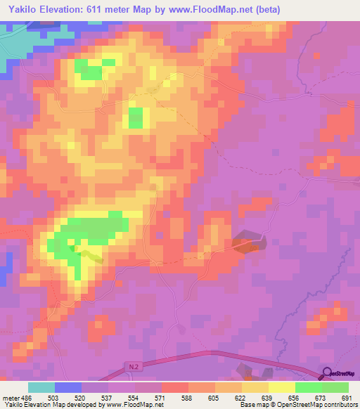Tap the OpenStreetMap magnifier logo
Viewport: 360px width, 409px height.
(x=326, y=373)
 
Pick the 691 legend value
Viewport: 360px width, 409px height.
(x=346, y=398)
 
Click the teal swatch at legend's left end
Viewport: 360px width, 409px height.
(x=41, y=387)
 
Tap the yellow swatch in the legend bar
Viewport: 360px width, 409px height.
(x=281, y=387)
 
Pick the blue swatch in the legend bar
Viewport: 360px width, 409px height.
(x=68, y=387)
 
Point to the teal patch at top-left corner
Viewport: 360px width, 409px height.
(x=14, y=42)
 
